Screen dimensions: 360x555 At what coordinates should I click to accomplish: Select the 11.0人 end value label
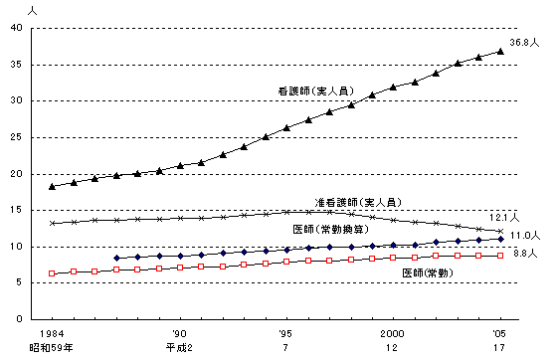(x=526, y=236)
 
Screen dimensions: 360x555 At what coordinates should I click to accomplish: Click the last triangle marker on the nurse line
(x=500, y=51)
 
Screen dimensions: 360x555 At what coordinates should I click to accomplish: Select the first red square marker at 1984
(x=52, y=273)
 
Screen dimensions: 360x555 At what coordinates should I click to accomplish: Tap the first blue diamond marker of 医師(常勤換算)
(x=116, y=258)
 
